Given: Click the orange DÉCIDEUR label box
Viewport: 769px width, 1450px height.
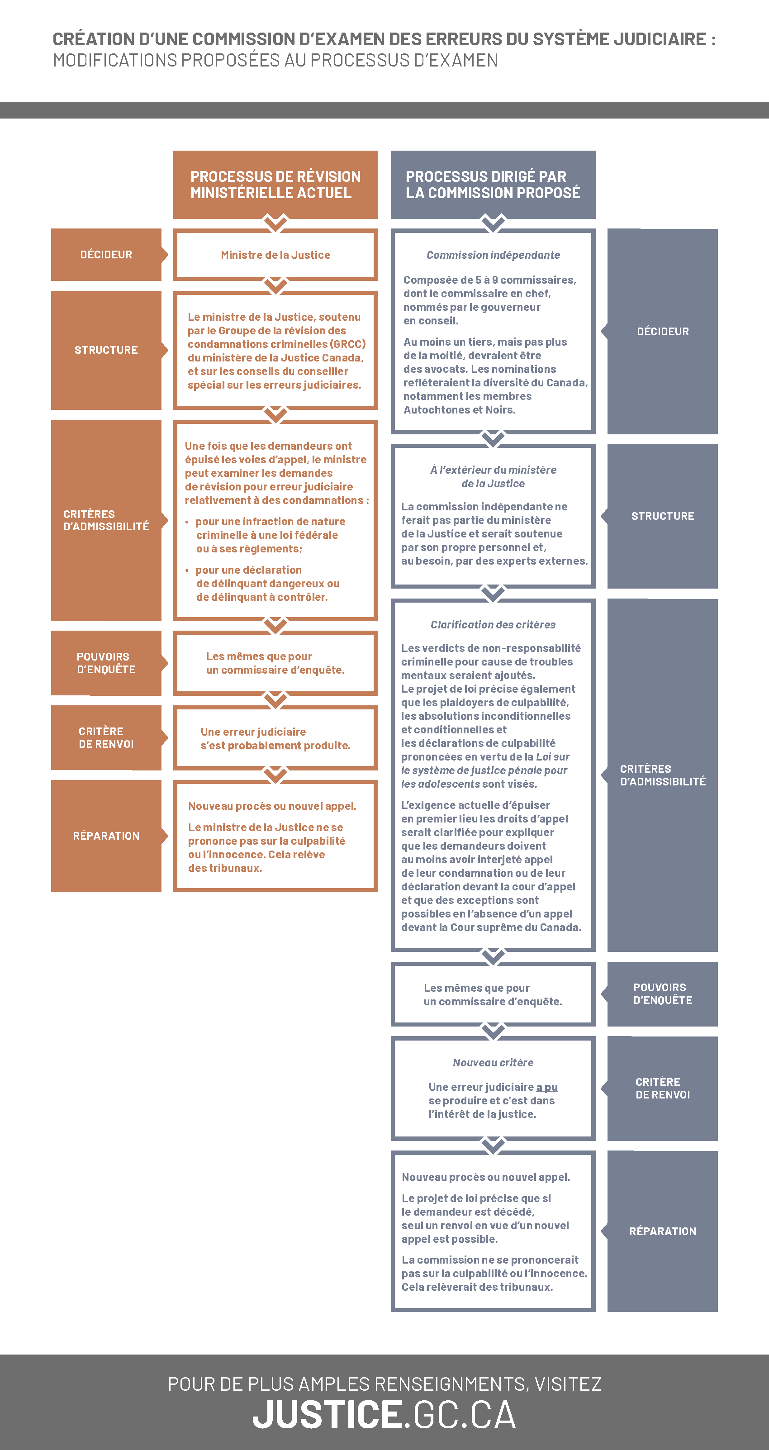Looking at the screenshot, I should point(106,254).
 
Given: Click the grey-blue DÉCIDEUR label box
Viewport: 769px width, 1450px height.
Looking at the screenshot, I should point(662,332).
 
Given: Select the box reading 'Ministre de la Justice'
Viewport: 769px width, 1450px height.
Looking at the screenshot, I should point(275,255).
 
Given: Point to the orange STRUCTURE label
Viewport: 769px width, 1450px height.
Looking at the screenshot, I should point(106,350).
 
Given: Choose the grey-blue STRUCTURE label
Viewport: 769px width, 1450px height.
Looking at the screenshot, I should point(662,516).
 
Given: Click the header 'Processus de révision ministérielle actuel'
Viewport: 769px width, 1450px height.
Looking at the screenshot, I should point(275,185).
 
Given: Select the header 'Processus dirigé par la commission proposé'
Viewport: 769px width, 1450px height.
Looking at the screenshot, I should point(493,185).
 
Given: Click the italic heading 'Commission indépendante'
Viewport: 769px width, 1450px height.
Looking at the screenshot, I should point(493,255).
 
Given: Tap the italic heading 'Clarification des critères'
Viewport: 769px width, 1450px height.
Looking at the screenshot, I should point(493,625).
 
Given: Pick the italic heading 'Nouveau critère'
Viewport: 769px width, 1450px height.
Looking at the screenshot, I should point(493,1063).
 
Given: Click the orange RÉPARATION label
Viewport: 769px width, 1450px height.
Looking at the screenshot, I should point(106,836).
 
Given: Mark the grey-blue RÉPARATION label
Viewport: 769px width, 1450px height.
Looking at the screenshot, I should point(662,1231).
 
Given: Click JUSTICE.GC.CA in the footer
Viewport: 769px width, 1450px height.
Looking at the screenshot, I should point(384,1415).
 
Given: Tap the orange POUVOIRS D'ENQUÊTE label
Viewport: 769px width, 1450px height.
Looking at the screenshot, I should point(106,663).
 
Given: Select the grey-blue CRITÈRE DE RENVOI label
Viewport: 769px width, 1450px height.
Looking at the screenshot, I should point(662,1088).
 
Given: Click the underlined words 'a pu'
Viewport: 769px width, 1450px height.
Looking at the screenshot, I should point(546,1087).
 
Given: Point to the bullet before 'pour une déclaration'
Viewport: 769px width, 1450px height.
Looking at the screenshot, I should point(187,570).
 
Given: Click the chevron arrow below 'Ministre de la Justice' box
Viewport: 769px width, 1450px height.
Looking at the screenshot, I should point(275,285).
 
